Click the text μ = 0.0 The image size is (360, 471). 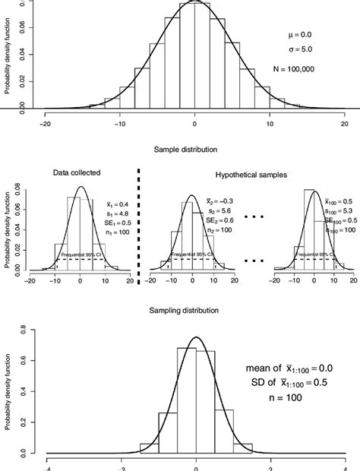[298, 34]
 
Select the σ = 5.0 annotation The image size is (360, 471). [298, 51]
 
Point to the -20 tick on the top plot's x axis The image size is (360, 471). [46, 123]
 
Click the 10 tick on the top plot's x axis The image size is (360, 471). [270, 123]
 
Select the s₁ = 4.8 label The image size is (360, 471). [110, 217]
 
